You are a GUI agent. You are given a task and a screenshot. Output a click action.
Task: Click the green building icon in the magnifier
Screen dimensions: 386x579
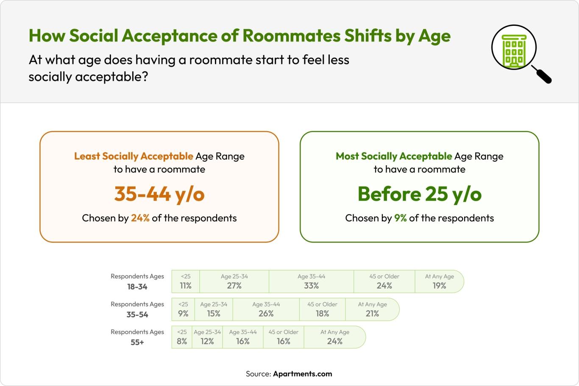tap(514, 50)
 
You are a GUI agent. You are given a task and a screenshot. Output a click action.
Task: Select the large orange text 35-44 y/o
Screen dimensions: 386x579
tap(159, 194)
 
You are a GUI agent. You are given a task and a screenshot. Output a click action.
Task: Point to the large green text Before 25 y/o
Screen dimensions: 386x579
tap(419, 194)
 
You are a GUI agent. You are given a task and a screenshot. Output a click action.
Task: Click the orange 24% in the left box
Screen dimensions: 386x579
tap(140, 218)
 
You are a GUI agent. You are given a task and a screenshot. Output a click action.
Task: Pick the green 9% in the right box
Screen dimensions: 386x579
tap(400, 218)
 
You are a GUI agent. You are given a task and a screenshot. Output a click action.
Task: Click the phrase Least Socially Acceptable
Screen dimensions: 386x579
tap(134, 156)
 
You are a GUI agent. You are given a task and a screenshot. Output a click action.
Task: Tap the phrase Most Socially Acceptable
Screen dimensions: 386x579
tap(394, 156)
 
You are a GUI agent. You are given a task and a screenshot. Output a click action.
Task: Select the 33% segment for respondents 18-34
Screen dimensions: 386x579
tap(311, 282)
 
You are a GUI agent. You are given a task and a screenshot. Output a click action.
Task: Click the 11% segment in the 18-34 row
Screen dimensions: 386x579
tap(186, 282)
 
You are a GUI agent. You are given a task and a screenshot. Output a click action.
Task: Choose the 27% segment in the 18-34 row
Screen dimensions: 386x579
tap(234, 282)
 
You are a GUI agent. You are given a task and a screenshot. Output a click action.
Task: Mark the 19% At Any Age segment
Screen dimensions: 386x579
tap(439, 282)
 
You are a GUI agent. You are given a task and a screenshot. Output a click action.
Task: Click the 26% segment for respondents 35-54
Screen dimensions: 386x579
tap(266, 310)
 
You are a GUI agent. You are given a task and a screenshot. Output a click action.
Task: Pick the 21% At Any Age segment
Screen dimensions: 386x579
tap(372, 310)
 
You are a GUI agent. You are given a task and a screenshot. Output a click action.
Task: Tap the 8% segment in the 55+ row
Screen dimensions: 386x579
tap(182, 337)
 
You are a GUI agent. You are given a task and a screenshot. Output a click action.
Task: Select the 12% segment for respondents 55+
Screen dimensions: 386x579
tap(207, 337)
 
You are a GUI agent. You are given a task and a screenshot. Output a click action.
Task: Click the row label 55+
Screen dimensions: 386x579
tap(137, 342)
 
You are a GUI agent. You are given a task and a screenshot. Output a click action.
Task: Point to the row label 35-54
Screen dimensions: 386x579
tap(137, 314)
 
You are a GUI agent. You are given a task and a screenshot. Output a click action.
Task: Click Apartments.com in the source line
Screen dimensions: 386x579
tap(302, 374)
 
